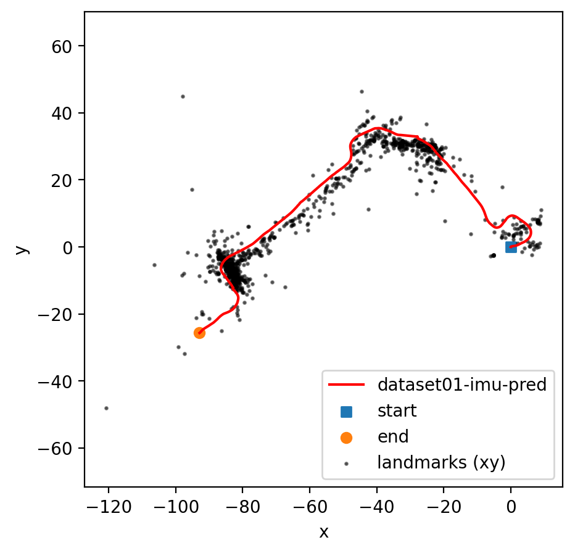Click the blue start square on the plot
(x=511, y=247)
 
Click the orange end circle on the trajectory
(x=199, y=333)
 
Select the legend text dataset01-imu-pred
(x=462, y=385)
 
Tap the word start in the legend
(x=397, y=410)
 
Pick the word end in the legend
(x=393, y=436)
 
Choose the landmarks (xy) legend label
(x=442, y=462)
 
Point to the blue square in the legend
(x=346, y=410)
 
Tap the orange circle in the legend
(x=346, y=437)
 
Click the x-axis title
(x=323, y=532)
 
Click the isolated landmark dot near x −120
(x=106, y=408)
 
